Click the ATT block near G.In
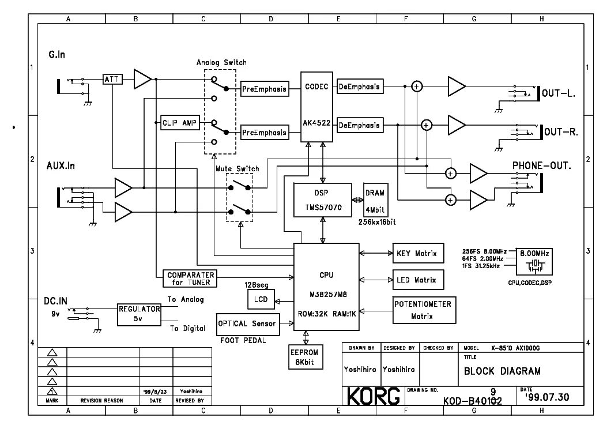(113, 79)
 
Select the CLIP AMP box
(179, 123)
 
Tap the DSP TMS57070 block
(322, 200)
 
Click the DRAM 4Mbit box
(375, 199)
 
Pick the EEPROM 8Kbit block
(306, 357)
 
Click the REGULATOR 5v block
(138, 314)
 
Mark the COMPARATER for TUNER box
(190, 279)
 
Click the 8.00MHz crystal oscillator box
(536, 261)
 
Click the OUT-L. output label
(560, 93)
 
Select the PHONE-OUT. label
(541, 166)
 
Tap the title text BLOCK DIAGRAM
(502, 371)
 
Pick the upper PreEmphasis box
(264, 89)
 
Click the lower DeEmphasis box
(359, 125)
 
